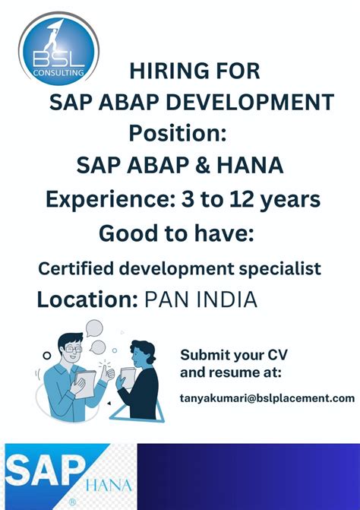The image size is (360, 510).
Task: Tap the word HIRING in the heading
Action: [x=162, y=71]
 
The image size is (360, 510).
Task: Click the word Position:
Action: [x=178, y=132]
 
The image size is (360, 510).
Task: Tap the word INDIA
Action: [x=226, y=299]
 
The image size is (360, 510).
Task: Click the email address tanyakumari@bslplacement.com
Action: [x=267, y=398]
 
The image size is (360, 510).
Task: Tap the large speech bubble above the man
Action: [x=93, y=328]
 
